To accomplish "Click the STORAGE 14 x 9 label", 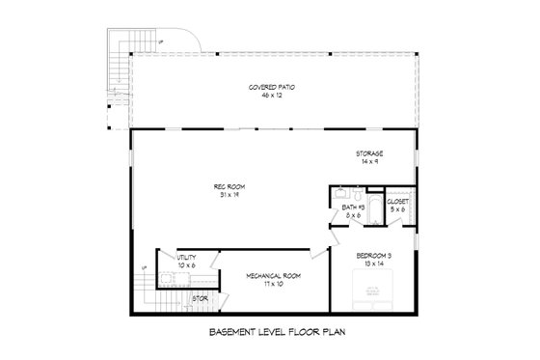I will [x=368, y=157].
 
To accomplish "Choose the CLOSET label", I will [x=394, y=204].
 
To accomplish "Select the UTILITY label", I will [x=186, y=258].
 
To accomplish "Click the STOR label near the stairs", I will [x=201, y=298].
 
